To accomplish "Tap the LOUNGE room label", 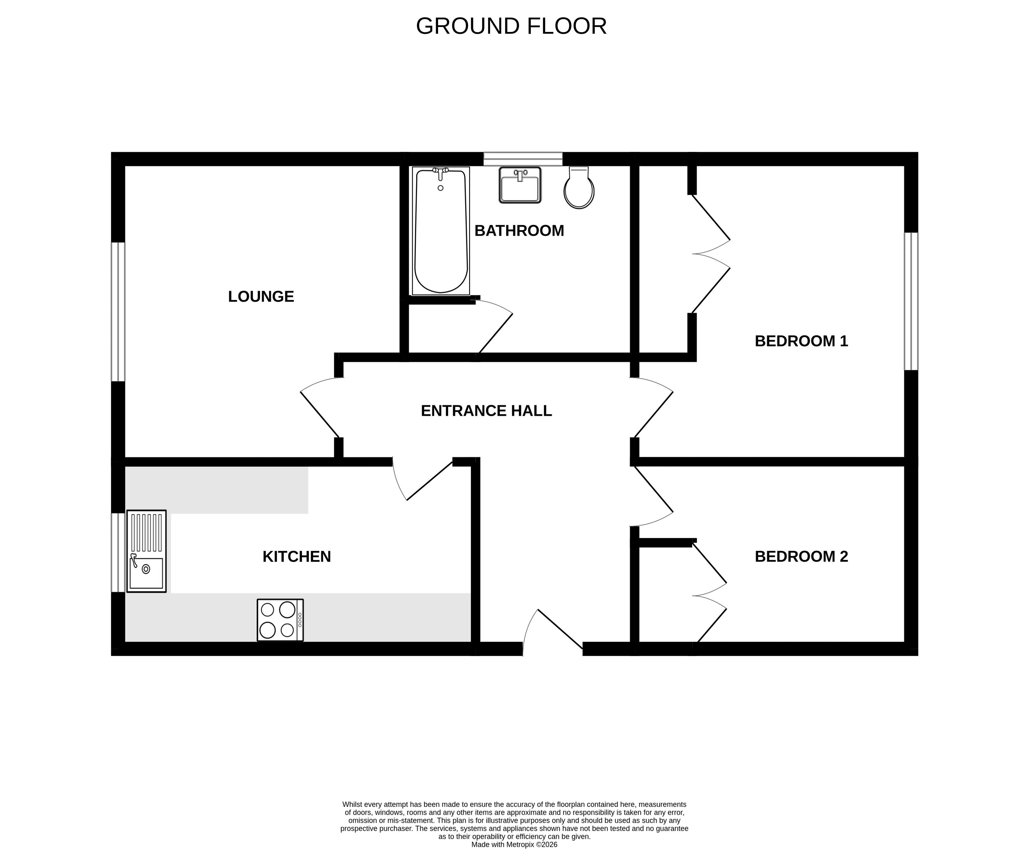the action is click(x=261, y=296).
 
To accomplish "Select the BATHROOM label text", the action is click(x=519, y=230).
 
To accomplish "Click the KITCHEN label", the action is click(x=297, y=557).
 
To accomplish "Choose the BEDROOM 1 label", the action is click(x=801, y=341).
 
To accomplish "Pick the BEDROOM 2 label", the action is click(x=801, y=557).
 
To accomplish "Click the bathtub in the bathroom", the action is click(x=441, y=231).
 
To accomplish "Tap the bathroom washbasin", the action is click(x=520, y=185).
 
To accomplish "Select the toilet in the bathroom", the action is click(x=579, y=187).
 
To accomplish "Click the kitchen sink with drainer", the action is click(x=146, y=551).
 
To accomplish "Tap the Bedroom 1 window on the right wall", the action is click(x=910, y=301).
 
